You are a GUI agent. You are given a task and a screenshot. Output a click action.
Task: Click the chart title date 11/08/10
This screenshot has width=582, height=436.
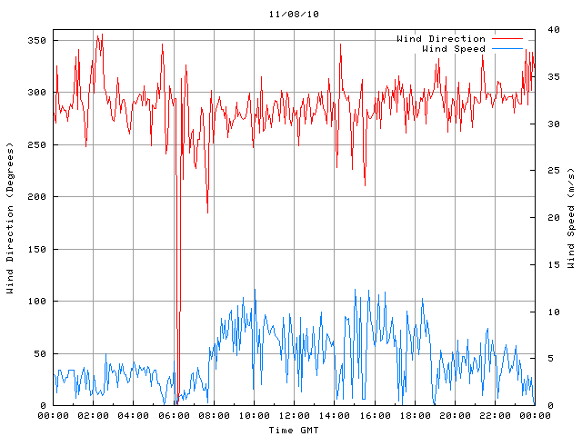coord(294,15)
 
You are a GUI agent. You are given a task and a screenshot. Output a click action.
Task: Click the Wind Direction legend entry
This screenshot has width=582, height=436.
coord(441,39)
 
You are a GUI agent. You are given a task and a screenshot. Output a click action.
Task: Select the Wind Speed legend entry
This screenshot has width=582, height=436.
coord(454,49)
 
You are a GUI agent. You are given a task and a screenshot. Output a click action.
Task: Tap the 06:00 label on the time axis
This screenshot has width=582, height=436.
coord(174,416)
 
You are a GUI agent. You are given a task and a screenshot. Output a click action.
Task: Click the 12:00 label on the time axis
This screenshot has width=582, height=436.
coord(294,416)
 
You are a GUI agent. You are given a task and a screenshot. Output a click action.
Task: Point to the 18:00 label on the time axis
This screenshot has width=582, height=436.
coord(414,416)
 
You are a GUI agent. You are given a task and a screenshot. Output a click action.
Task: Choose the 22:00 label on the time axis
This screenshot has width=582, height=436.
coord(494,416)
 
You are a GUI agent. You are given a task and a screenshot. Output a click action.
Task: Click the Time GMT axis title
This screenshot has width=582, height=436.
coord(294,429)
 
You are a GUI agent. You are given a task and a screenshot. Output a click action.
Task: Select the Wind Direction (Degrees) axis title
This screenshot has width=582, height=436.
coord(11,218)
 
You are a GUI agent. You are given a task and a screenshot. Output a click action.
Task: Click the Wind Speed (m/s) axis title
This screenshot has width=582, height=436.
coord(571,218)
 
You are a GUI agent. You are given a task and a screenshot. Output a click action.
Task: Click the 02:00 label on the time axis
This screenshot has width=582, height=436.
coord(94,416)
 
